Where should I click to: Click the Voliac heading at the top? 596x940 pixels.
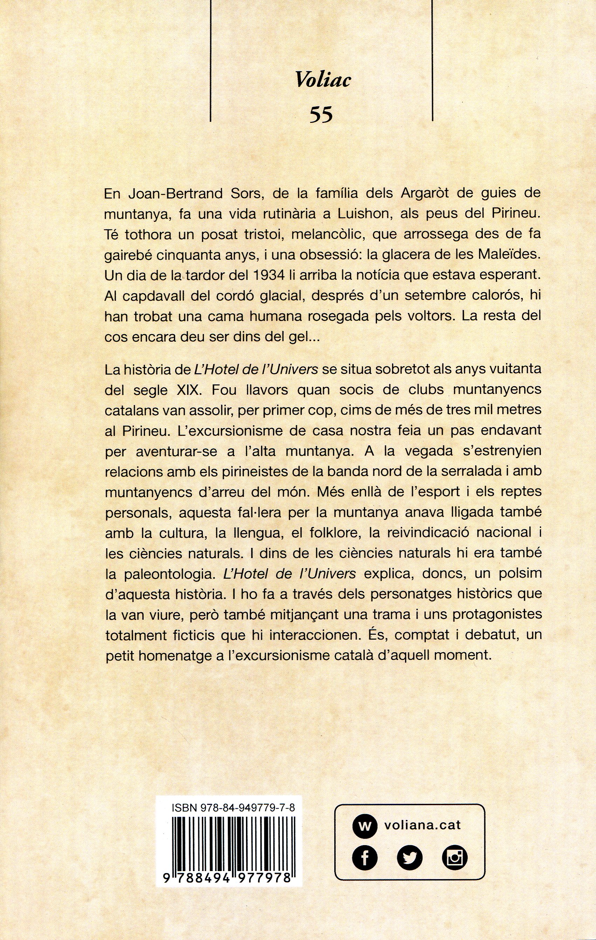[323, 80]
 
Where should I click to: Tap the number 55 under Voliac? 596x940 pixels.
[321, 115]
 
